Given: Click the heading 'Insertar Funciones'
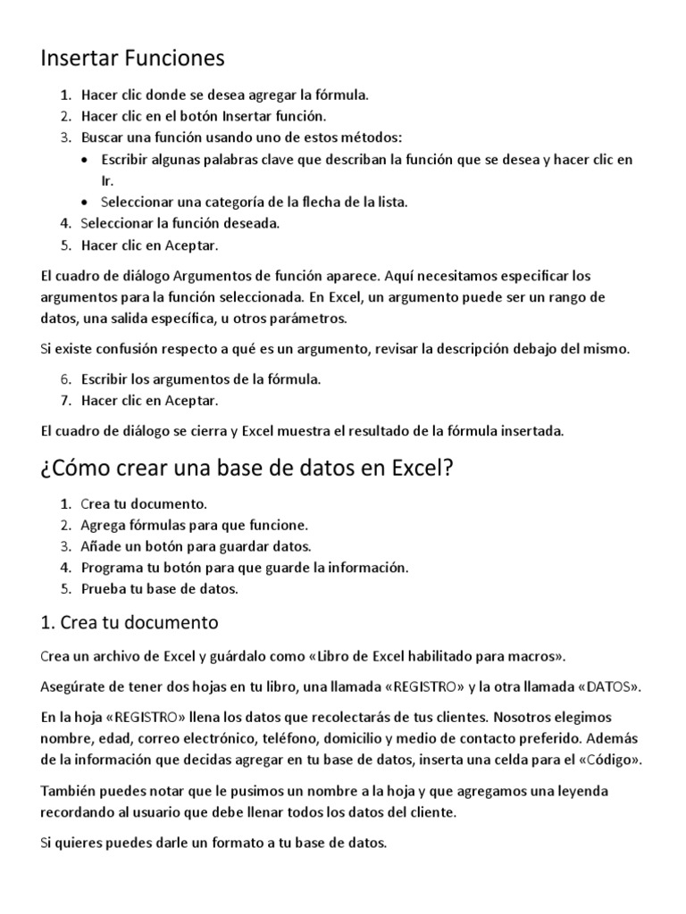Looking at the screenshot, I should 133,59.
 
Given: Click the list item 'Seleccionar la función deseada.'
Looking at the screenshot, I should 180,223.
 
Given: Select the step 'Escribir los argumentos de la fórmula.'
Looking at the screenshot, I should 201,378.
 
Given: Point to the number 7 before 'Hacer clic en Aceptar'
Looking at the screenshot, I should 65,400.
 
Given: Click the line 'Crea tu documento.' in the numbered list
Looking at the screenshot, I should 144,503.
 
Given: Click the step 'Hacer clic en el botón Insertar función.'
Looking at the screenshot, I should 204,116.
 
